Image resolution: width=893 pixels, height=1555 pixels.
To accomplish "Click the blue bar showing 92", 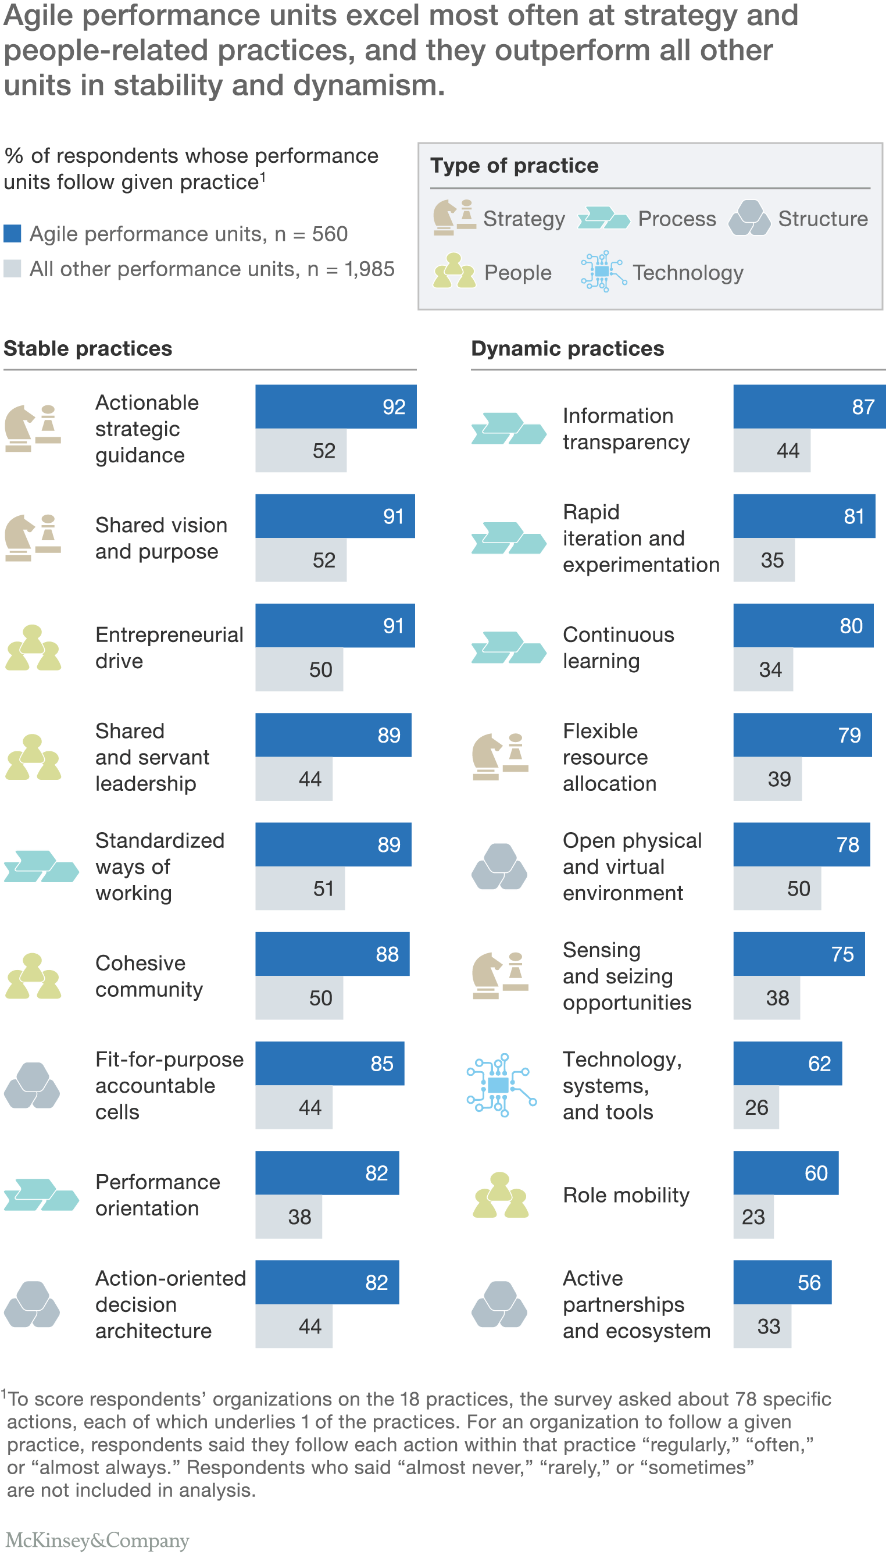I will point(335,406).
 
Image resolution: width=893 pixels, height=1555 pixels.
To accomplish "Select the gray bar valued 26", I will point(756,1107).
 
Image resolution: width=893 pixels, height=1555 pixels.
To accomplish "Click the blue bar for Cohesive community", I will point(332,954).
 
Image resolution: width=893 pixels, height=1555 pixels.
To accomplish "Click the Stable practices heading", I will point(88,348).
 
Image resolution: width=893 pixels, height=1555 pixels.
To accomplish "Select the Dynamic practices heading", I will point(567,348).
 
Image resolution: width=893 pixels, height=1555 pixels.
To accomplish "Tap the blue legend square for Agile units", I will point(12,234).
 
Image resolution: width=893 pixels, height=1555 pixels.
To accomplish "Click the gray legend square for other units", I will point(12,269).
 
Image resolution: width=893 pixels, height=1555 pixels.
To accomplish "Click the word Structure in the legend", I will point(823,219).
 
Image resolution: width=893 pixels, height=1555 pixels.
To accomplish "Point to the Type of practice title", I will point(514,166).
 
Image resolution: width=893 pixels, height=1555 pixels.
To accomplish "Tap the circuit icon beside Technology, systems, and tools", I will point(501,1085).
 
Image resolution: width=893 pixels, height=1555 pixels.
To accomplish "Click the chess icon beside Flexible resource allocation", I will point(500,757).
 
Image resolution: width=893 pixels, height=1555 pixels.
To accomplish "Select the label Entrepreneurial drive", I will point(169,648).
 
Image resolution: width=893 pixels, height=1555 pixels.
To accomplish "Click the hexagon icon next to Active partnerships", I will point(499,1305).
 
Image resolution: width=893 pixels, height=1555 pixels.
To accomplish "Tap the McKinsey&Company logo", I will point(98,1540).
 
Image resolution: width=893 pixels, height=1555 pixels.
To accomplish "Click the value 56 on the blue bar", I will point(808,1283).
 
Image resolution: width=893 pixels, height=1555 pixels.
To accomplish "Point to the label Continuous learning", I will point(618,648).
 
